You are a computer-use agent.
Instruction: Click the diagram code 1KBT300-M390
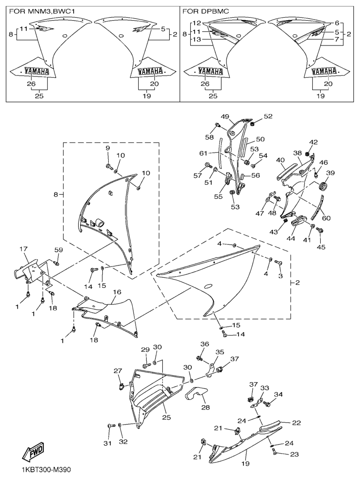[45, 469]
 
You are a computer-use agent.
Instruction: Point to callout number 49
[225, 117]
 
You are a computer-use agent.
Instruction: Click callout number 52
[268, 116]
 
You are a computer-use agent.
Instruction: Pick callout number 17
[24, 249]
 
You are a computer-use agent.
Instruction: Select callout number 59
[59, 250]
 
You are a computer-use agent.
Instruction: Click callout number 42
[313, 142]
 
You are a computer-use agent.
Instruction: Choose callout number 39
[330, 174]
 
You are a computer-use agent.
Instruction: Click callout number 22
[296, 422]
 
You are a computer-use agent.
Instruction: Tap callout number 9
[107, 148]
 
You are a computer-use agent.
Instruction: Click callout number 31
[108, 443]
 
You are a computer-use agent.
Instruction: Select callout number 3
[280, 276]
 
